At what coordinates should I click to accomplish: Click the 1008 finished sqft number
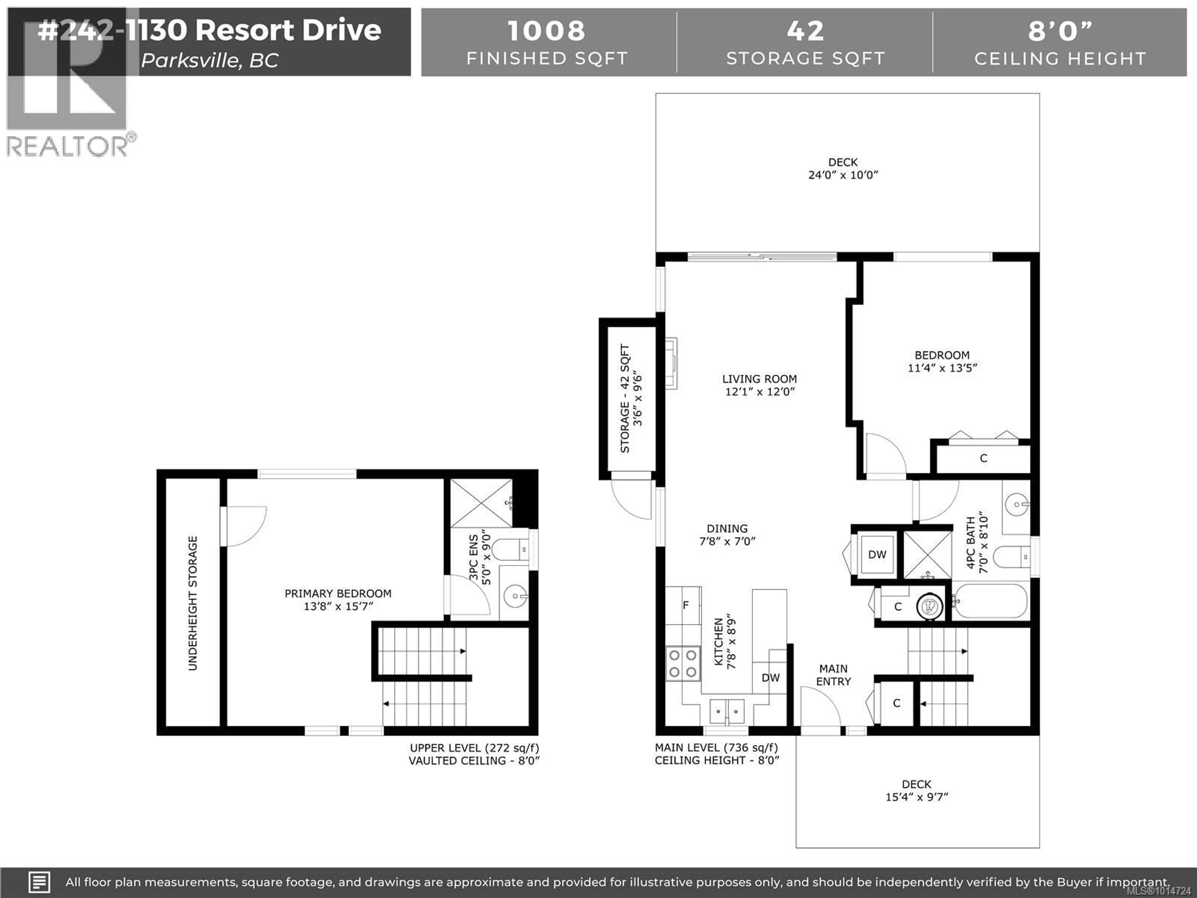(x=546, y=31)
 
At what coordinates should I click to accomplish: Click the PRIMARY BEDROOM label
(x=338, y=594)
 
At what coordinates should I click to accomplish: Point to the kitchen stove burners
(x=682, y=664)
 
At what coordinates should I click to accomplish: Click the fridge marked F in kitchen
(x=685, y=605)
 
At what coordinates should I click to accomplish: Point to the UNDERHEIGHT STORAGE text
(x=193, y=603)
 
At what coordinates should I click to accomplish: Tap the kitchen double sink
(x=727, y=710)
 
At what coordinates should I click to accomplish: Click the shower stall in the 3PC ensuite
(x=481, y=503)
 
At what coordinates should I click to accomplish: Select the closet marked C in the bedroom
(x=983, y=458)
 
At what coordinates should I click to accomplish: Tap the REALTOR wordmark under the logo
(x=68, y=146)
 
